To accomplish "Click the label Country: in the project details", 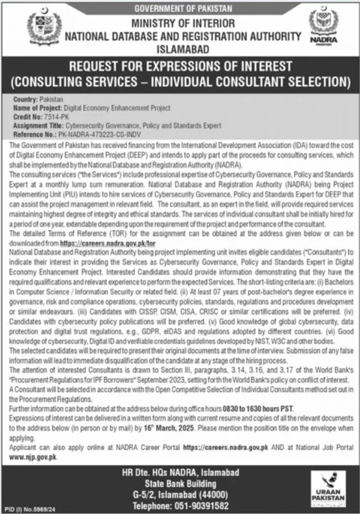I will (x=26, y=100).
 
